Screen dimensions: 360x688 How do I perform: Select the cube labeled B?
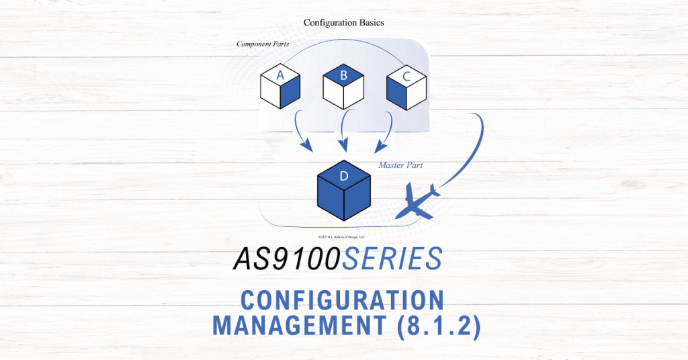pos(343,88)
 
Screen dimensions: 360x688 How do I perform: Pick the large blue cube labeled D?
pos(344,189)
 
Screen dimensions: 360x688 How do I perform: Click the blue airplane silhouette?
pos(418,201)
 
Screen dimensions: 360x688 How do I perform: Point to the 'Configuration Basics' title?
pos(344,22)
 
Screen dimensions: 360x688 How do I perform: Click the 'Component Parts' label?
pos(263,44)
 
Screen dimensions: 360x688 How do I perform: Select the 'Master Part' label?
pos(400,165)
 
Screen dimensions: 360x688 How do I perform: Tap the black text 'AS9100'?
pos(287,259)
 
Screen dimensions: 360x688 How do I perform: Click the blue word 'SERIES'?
pos(392,259)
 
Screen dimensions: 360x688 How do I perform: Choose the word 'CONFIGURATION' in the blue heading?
pos(343,300)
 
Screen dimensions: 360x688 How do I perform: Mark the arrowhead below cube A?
pos(307,144)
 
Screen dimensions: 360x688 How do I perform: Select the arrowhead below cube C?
pos(381,144)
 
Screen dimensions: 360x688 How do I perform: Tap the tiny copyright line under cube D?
pos(344,237)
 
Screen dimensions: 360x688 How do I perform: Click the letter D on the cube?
pos(344,177)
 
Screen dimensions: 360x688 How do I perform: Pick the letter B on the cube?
pos(343,76)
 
